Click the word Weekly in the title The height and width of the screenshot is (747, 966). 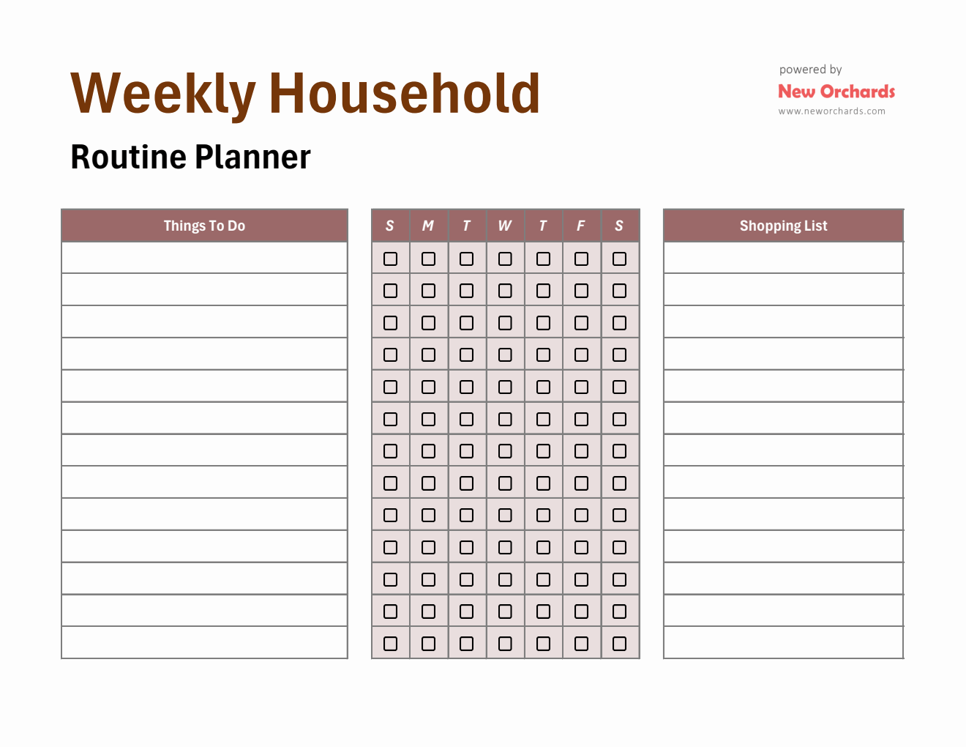coord(162,94)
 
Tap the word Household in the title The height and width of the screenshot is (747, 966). coord(405,94)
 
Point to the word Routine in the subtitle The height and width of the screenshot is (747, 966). coord(128,157)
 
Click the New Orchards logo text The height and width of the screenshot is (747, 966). coord(836,92)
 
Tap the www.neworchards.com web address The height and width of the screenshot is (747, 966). coord(831,111)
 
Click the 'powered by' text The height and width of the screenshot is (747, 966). coord(810,70)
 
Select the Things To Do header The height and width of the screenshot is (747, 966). coord(204,226)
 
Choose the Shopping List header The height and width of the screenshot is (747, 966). coord(783,226)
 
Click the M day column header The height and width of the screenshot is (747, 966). coord(428,226)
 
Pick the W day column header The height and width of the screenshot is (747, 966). coord(505,226)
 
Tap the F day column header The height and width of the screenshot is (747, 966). coord(581,226)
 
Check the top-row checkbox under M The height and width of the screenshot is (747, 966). coord(429,259)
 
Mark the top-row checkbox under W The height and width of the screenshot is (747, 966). coord(505,259)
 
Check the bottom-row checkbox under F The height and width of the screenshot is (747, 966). coord(581,644)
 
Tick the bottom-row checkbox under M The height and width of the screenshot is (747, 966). coord(429,644)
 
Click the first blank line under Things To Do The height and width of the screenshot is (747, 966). coord(204,258)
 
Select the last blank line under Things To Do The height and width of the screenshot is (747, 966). coord(204,642)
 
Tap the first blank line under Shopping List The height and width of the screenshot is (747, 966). coord(783,258)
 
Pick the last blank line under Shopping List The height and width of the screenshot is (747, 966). coord(783,642)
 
